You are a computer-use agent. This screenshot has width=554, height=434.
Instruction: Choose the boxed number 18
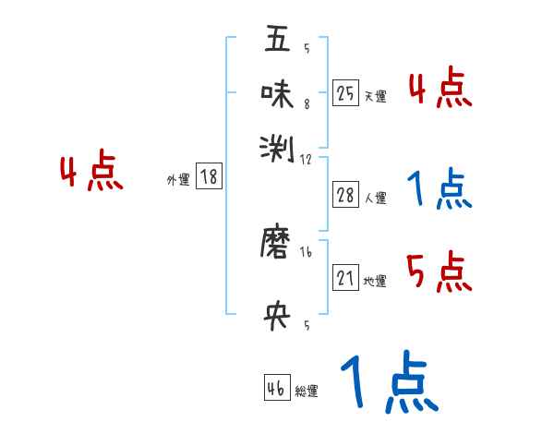[x=210, y=177]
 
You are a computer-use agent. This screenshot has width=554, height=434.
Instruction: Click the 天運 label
[x=376, y=96]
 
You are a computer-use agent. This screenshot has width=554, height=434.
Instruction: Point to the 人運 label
[x=376, y=198]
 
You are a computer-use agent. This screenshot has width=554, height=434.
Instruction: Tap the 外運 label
[x=178, y=181]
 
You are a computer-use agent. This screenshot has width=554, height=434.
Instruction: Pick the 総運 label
[x=307, y=392]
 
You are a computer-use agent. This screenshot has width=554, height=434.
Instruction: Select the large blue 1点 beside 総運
[x=388, y=383]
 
